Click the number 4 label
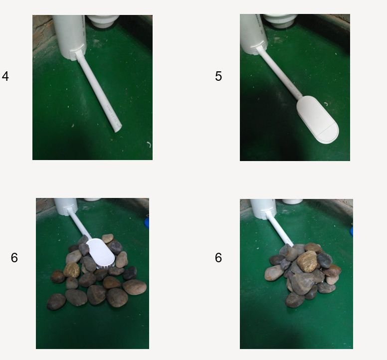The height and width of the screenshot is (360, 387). click(x=5, y=76)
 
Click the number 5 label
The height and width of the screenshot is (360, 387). click(x=218, y=76)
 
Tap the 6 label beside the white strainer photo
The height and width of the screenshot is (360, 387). click(x=14, y=258)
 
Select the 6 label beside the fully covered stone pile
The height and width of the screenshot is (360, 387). click(x=218, y=258)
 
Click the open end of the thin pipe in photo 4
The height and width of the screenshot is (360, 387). click(x=118, y=128)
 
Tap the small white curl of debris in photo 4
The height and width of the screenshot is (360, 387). click(x=149, y=145)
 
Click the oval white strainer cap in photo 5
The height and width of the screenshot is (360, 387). click(x=317, y=120)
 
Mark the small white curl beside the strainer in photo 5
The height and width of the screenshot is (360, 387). click(x=326, y=104)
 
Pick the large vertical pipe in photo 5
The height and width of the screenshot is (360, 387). click(x=254, y=34)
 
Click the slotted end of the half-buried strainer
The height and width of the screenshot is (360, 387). click(x=106, y=266)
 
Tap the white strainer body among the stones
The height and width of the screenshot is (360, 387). click(x=101, y=253)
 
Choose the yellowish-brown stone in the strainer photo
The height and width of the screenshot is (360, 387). click(x=72, y=270)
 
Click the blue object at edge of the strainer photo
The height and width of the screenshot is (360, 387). click(x=147, y=222)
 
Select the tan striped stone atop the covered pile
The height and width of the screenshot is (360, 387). click(x=307, y=261)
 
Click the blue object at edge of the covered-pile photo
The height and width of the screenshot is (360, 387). click(x=351, y=231)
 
